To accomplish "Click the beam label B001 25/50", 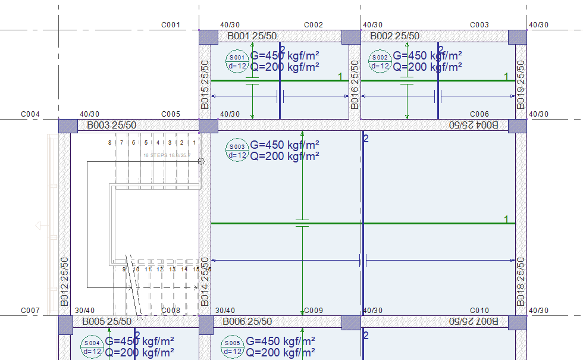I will pos(252,36).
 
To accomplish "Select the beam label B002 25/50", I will pos(394,36).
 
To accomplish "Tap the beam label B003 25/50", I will pos(111,126).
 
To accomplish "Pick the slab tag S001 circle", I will pos(237,62).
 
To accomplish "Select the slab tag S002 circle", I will pos(380,62).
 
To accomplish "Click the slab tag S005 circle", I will pos(233,348).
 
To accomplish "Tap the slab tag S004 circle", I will pos(92,348).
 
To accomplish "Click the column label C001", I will pos(171,25).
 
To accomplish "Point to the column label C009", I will pos(314,311).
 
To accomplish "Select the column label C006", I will pos(479,114).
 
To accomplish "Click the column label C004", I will pos(30,114).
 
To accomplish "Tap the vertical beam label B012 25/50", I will pos(64,281).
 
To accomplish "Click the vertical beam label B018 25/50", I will pos(521,281).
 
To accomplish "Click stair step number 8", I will pos(109,143).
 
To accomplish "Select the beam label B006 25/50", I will pos(247,322).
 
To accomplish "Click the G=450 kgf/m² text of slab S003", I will pos(284,145).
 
